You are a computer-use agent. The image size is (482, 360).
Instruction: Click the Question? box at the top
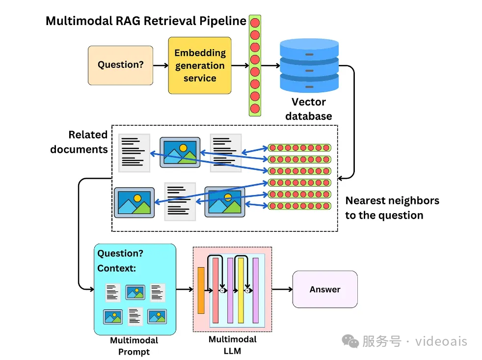(x=120, y=65)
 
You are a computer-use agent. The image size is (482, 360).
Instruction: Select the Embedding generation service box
(x=200, y=65)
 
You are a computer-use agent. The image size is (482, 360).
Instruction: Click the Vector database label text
(x=309, y=109)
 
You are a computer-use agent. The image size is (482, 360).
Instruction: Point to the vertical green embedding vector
(x=255, y=65)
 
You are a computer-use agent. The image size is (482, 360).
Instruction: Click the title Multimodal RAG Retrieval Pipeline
(x=146, y=21)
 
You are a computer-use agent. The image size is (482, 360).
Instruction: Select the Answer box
(x=325, y=289)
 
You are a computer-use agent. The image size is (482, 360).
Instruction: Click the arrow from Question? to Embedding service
(x=161, y=65)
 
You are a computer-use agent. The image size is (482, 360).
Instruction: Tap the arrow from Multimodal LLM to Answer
(x=282, y=289)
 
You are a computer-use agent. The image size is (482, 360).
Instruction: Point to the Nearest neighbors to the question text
(x=392, y=208)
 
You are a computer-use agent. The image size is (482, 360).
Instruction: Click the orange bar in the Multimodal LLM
(x=201, y=290)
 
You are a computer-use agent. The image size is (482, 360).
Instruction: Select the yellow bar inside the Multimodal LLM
(x=241, y=290)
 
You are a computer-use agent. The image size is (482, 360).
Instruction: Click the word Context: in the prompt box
(x=116, y=268)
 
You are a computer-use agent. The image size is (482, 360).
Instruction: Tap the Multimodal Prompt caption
(x=134, y=346)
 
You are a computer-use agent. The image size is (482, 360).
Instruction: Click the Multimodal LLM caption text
(x=232, y=345)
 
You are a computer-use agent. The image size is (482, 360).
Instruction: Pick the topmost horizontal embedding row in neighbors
(x=300, y=148)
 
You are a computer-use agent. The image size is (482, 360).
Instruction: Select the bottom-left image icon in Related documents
(x=134, y=202)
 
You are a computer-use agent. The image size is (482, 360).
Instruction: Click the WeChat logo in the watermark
(x=350, y=341)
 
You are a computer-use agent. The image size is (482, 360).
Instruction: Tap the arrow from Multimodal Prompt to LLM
(x=184, y=289)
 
